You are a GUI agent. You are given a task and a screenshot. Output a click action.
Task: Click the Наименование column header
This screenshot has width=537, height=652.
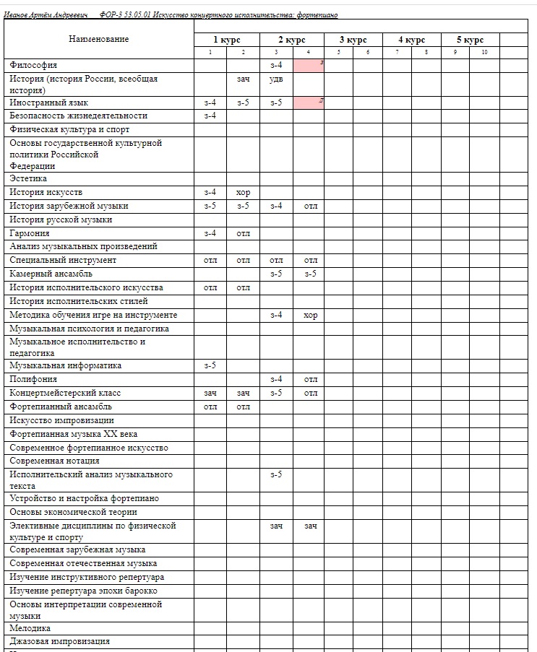click(x=99, y=39)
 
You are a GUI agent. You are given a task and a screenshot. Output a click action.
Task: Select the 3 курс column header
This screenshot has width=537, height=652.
click(x=353, y=40)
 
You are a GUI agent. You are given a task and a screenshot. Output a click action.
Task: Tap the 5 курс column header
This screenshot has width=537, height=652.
click(x=470, y=40)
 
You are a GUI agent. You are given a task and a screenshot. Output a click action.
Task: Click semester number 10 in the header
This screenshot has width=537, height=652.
click(x=484, y=52)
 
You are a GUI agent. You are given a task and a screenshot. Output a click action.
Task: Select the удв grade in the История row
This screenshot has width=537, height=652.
click(x=276, y=79)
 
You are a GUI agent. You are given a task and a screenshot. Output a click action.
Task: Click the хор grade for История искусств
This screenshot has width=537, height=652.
click(x=243, y=192)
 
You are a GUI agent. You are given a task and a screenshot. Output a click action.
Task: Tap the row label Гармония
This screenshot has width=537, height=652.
click(x=30, y=233)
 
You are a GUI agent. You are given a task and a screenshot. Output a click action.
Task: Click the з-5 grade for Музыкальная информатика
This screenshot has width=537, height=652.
click(x=210, y=365)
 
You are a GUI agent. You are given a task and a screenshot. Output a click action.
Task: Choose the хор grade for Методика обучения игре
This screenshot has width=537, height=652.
click(x=310, y=315)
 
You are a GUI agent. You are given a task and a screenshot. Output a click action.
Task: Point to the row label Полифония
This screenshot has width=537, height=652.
click(x=33, y=379)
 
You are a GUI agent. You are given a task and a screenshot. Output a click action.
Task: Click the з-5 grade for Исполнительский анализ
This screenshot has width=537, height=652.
click(x=276, y=474)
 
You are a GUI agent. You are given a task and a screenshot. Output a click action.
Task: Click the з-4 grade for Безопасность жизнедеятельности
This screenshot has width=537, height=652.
click(x=210, y=116)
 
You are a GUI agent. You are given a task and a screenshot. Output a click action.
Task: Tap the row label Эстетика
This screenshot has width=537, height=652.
click(x=28, y=178)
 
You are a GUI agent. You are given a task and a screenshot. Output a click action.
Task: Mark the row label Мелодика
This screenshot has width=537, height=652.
click(x=30, y=628)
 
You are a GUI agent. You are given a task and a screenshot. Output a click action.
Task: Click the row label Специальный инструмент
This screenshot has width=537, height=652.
click(x=63, y=260)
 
